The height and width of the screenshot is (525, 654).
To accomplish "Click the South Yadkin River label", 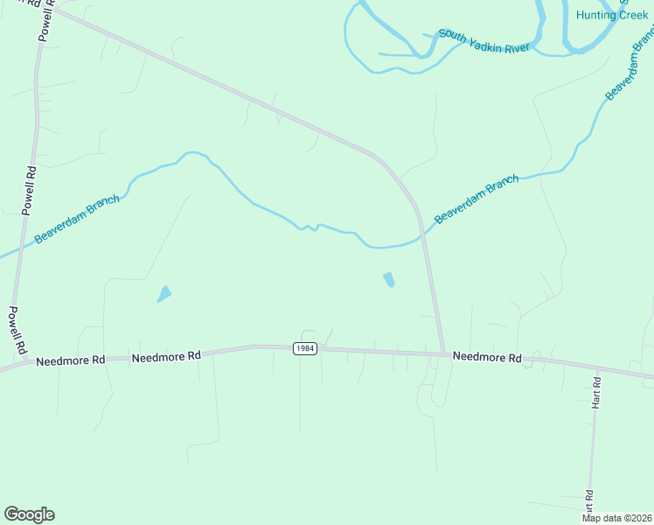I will (x=484, y=40).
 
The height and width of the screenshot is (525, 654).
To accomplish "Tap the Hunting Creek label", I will (x=612, y=15).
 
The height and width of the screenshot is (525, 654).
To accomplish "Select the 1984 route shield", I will (x=304, y=348).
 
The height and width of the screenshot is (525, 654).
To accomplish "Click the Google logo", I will (x=29, y=514).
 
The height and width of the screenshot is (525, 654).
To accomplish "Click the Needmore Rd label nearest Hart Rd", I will (x=487, y=358).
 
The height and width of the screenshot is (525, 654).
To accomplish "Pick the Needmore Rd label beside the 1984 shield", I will (x=166, y=356).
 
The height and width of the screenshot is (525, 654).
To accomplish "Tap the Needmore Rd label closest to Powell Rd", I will (x=71, y=360).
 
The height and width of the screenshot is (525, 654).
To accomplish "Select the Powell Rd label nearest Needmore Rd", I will (x=16, y=332).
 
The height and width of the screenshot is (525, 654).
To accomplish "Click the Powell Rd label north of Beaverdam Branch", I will (x=30, y=191).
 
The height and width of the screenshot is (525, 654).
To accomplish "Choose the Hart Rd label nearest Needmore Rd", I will (x=595, y=393).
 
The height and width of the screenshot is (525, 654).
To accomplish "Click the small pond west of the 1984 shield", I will (x=164, y=294).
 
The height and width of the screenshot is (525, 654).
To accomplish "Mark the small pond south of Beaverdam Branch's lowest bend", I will (x=388, y=280).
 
